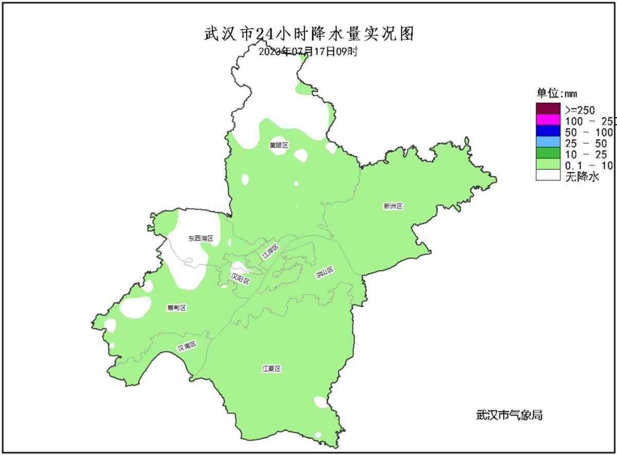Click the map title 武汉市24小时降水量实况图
pyautogui.click(x=309, y=34)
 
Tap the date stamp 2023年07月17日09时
pyautogui.click(x=307, y=51)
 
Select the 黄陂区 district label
pyautogui.click(x=279, y=145)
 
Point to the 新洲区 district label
pyautogui.click(x=393, y=206)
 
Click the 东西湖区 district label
pyautogui.click(x=201, y=238)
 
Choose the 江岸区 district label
pyautogui.click(x=270, y=252)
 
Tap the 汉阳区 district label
pyautogui.click(x=240, y=278)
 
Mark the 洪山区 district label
pyautogui.click(x=325, y=273)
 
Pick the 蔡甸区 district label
pyautogui.click(x=176, y=308)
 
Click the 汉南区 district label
pyautogui.click(x=187, y=346)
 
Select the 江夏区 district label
pyautogui.click(x=272, y=369)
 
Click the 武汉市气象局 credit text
pyautogui.click(x=509, y=415)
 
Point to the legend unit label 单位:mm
pyautogui.click(x=557, y=93)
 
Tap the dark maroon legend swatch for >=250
pyautogui.click(x=548, y=109)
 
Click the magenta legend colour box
pyautogui.click(x=548, y=120)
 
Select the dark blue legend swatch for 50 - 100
pyautogui.click(x=548, y=131)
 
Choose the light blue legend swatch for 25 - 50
pyautogui.click(x=548, y=143)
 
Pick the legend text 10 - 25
pyautogui.click(x=586, y=154)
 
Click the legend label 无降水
pyautogui.click(x=583, y=177)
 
